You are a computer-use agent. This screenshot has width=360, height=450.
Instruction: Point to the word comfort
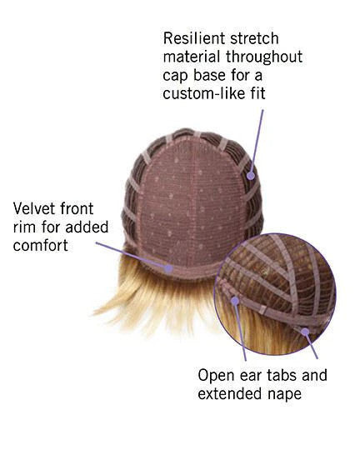pyautogui.click(x=41, y=245)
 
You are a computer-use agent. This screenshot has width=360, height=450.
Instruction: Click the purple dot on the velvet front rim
pyautogui.click(x=168, y=268)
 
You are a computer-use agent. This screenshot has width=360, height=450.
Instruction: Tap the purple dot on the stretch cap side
pyautogui.click(x=251, y=176)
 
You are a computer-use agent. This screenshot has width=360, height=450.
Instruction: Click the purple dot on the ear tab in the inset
pyautogui.click(x=235, y=301)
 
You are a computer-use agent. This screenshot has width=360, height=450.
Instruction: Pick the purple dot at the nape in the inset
pyautogui.click(x=306, y=332)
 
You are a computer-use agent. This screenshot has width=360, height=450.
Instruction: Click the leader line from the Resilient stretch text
pyautogui.click(x=257, y=141)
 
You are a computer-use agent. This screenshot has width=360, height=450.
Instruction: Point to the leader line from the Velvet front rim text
pyautogui.click(x=131, y=255)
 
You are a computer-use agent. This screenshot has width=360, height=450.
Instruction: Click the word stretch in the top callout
pyautogui.click(x=255, y=38)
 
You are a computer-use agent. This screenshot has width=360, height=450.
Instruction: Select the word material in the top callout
pyautogui.click(x=192, y=57)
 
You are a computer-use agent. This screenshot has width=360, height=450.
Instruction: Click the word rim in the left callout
pyautogui.click(x=25, y=227)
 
